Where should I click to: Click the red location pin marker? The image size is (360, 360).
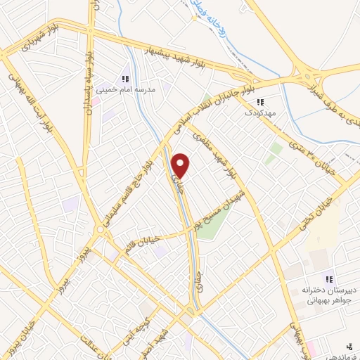tap(181, 165)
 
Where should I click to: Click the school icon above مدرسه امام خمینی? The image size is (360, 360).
tap(125, 79)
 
